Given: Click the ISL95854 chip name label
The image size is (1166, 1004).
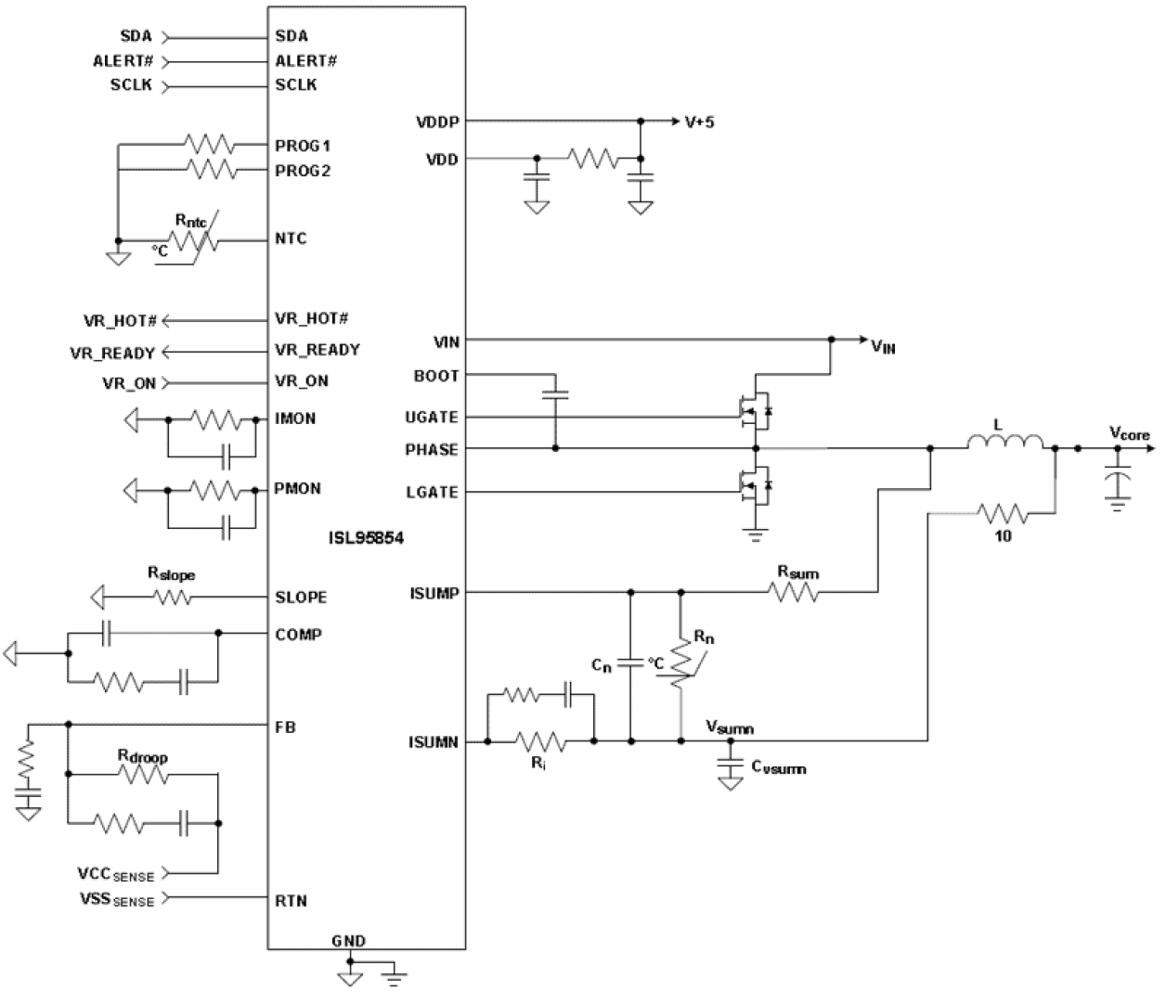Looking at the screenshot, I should [366, 537].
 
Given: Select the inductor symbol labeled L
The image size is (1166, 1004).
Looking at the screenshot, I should [1004, 443].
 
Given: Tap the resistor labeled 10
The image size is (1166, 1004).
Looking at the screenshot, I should [1003, 512].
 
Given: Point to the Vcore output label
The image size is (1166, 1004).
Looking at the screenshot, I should [1129, 433].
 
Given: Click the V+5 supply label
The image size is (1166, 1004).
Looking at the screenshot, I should [698, 122].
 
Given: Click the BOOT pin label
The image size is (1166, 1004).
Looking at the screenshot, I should [435, 376].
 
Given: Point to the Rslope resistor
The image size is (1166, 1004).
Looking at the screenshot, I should [173, 597].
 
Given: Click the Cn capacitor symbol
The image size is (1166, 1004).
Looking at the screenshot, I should [631, 664].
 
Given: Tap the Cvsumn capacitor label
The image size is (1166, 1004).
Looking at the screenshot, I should [778, 767].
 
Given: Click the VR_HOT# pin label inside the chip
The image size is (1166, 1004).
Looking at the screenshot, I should [311, 319].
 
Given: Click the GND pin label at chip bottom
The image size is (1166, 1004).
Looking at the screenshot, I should [349, 941].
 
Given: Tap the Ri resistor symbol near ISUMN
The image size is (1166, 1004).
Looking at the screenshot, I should [542, 741].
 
